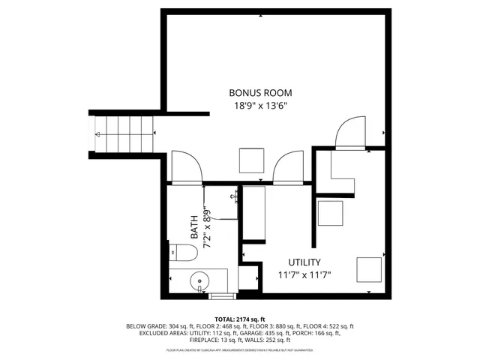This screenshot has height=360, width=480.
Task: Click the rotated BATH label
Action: [x=193, y=227]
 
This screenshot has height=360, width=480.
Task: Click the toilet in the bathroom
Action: [x=178, y=252]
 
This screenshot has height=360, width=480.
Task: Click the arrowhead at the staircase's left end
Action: [x=98, y=135]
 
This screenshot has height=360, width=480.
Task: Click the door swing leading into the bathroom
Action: [x=186, y=166]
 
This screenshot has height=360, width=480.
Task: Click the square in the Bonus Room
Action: [x=251, y=160]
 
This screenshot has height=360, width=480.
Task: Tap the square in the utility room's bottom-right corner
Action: [x=368, y=269]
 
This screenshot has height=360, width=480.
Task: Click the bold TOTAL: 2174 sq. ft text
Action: [x=239, y=319]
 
